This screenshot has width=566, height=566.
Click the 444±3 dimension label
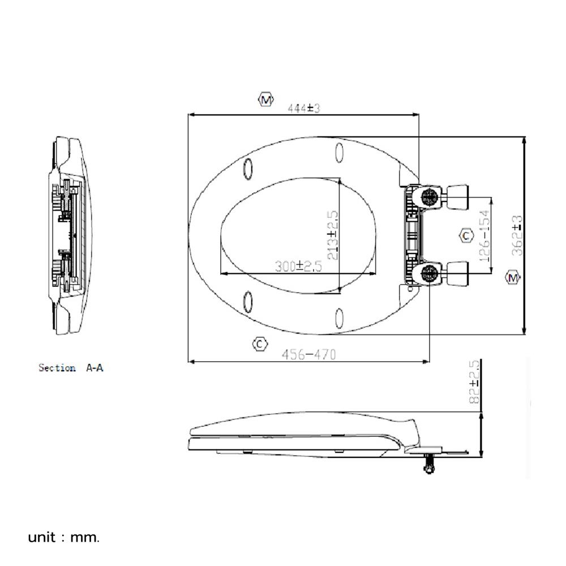303,108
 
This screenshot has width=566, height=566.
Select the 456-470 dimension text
308,354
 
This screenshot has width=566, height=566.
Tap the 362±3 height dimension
517,235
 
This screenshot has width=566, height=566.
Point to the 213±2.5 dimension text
333,235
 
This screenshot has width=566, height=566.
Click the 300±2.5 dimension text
298,267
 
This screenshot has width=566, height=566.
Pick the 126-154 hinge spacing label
486,236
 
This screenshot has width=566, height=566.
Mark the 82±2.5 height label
474,381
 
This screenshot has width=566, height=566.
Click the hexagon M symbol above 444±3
265,100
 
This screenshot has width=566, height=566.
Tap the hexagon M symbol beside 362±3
513,277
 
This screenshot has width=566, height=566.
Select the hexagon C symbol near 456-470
260,344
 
